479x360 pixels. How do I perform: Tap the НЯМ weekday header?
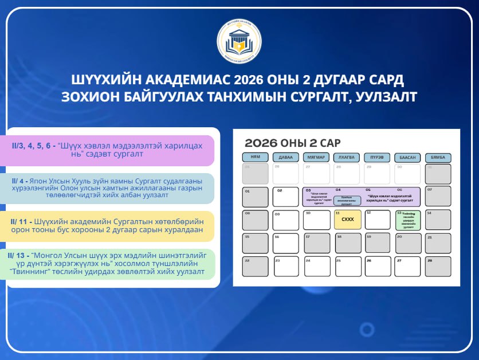tap(255, 158)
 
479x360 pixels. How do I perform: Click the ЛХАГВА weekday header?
tap(347, 158)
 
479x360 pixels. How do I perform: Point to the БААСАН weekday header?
tap(407, 158)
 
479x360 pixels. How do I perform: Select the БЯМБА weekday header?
tap(438, 158)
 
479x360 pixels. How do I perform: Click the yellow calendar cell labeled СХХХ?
tap(347, 220)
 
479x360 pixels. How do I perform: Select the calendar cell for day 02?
tap(285, 197)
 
